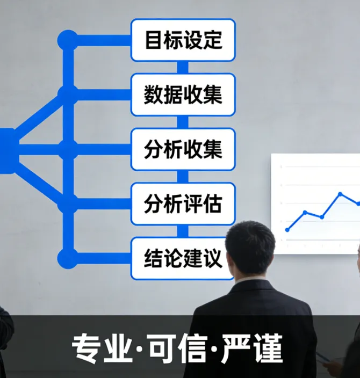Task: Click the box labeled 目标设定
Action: pos(183,40)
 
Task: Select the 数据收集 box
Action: pos(183,95)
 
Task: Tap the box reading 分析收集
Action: pos(183,149)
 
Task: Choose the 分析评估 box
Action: pos(183,204)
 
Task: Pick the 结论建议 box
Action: pos(183,258)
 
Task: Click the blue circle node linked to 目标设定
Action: pos(68,40)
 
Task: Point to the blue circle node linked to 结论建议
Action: pos(68,258)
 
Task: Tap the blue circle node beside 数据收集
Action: pos(68,95)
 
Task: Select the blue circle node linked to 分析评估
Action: pos(68,204)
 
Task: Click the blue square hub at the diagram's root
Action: pos(7,150)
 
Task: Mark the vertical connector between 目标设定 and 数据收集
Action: pos(183,67)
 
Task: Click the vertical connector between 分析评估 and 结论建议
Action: pos(183,231)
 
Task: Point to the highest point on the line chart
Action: pos(340,194)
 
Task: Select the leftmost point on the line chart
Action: pos(287,229)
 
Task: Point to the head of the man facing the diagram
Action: pos(250,248)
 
